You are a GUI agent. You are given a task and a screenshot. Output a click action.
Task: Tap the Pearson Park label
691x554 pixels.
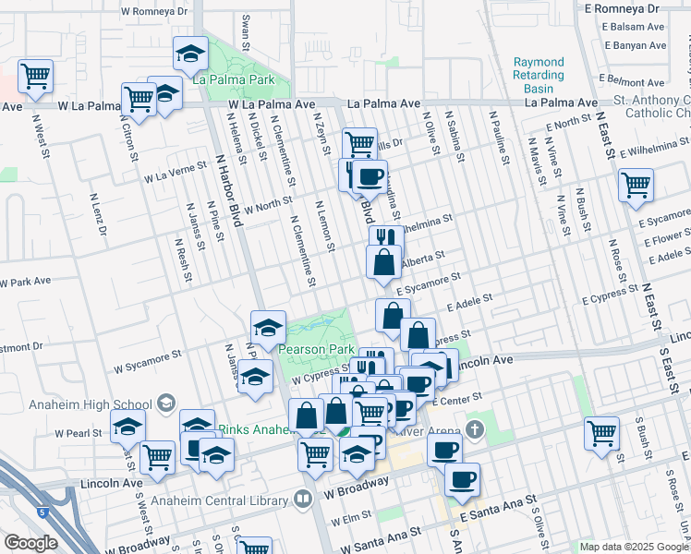point(317,351)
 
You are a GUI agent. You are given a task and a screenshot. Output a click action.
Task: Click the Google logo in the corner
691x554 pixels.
point(30,543)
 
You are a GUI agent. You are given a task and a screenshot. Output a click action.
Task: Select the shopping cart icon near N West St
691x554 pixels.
point(35,77)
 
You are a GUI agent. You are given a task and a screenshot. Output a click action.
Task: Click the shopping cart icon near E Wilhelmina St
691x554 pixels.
point(636,185)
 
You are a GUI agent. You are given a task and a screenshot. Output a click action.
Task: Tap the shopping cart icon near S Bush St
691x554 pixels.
point(602,432)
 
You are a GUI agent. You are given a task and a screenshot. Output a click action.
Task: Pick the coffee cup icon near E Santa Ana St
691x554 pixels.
point(462,479)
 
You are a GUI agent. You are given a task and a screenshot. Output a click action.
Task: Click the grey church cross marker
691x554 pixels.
point(475,429)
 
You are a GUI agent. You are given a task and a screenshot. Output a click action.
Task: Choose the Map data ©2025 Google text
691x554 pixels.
point(634,547)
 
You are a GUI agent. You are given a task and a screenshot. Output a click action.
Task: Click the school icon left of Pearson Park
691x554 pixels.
point(268,326)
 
